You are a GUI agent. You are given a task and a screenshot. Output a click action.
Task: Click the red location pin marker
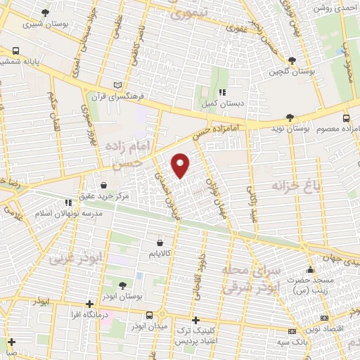(x=181, y=165)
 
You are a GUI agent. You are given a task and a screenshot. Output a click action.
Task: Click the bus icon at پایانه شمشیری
(x=15, y=51)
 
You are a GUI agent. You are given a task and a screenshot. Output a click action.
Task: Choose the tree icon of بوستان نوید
(x=289, y=117)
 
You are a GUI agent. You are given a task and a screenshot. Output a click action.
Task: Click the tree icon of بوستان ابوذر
(x=124, y=285)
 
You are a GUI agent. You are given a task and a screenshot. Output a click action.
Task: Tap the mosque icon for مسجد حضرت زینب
(x=310, y=271)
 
